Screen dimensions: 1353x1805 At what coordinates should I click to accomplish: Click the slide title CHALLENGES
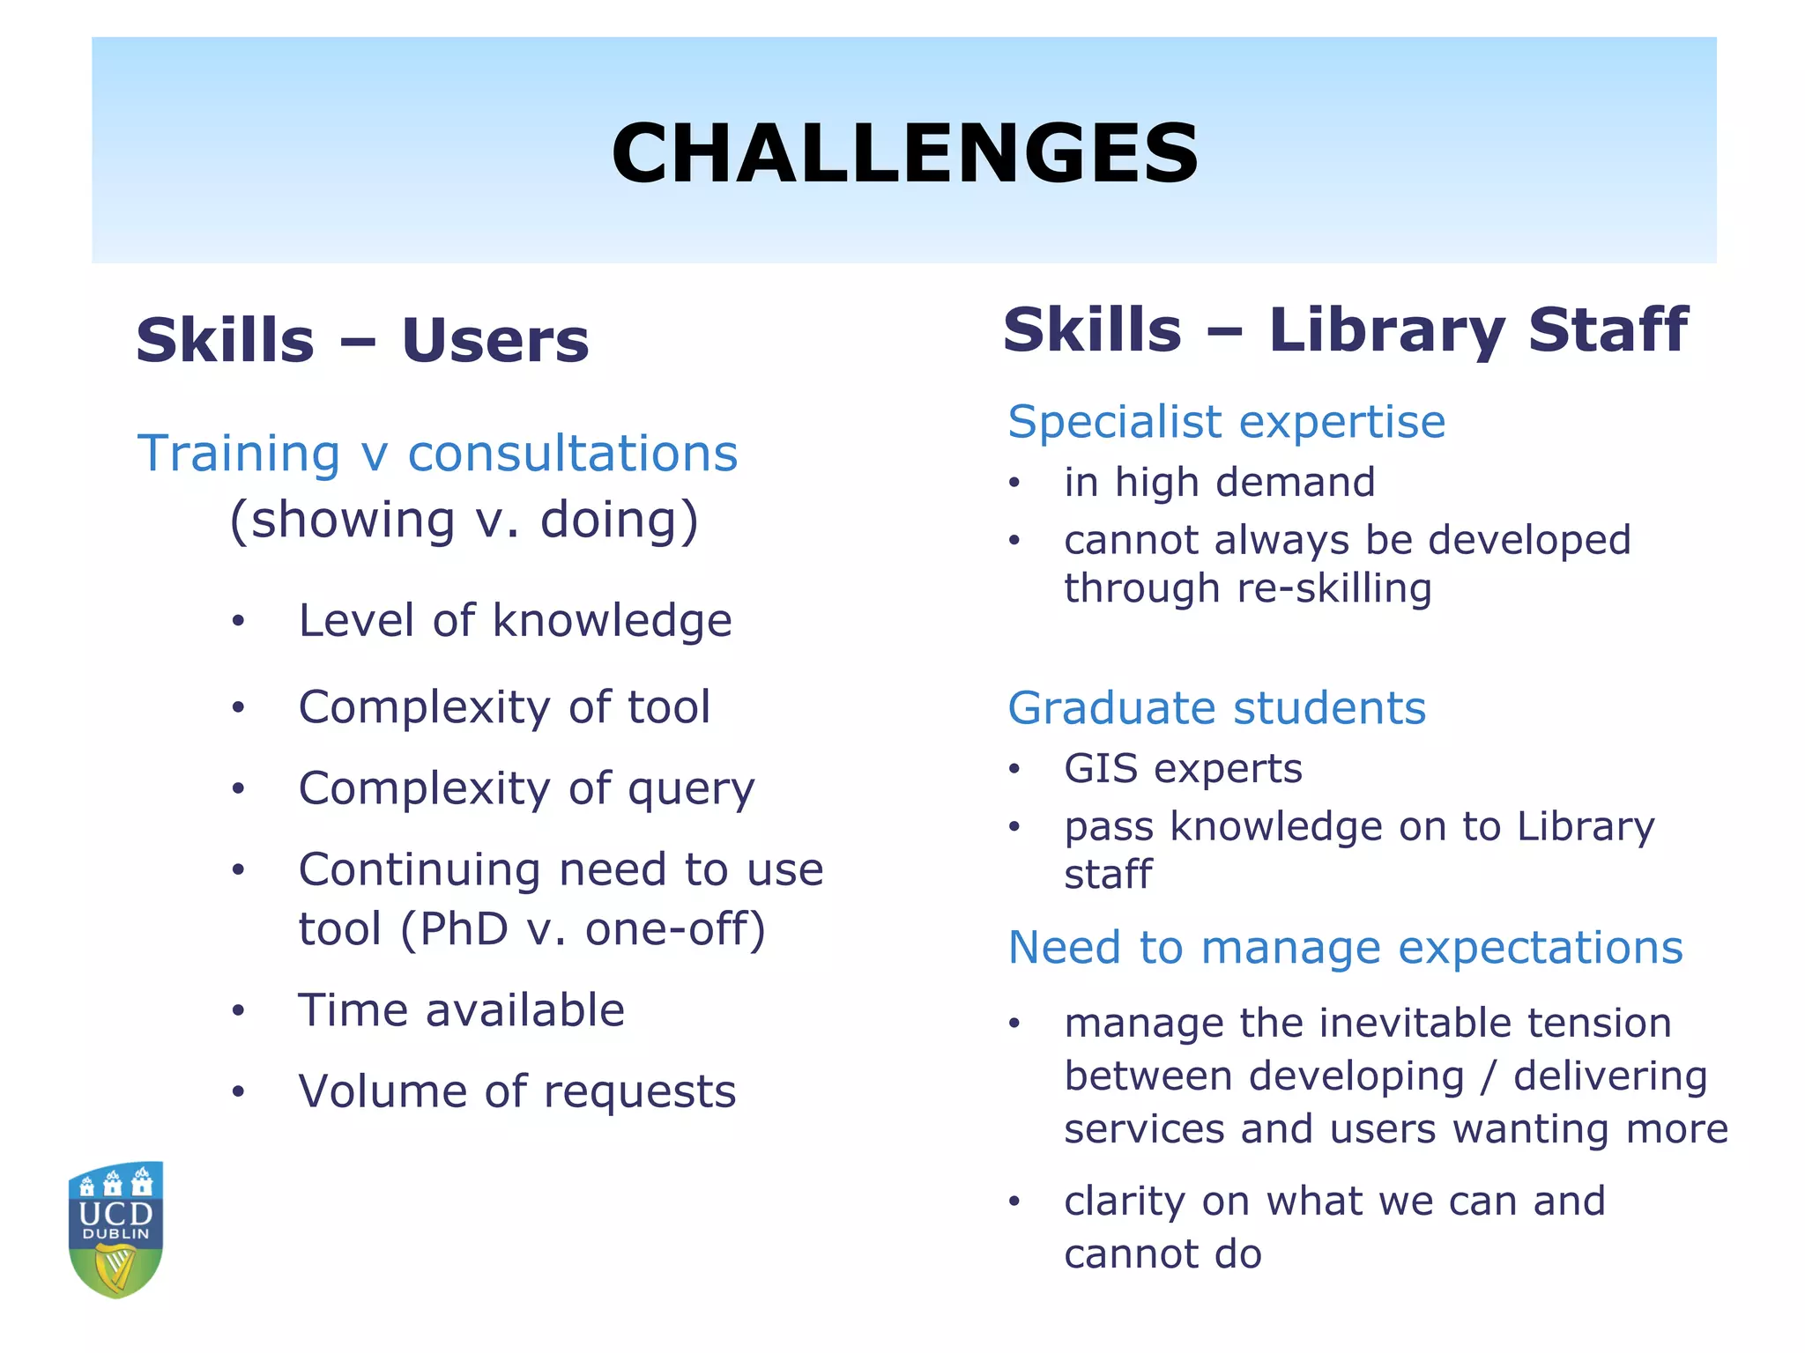(x=904, y=153)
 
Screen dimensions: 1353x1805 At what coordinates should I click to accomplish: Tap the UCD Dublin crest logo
(x=116, y=1229)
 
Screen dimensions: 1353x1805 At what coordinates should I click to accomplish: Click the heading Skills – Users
(x=362, y=341)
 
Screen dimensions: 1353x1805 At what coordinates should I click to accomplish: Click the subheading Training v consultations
(x=437, y=454)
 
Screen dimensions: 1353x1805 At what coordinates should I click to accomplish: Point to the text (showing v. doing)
(x=464, y=520)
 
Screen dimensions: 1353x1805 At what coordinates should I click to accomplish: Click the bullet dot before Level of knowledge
(x=238, y=622)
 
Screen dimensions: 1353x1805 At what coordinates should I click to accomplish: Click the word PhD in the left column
(x=464, y=929)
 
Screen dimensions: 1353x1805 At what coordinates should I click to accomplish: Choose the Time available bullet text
(x=461, y=1010)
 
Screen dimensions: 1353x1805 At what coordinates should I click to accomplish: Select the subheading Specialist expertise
(x=1226, y=422)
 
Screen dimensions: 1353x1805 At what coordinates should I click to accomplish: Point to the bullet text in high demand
(x=1219, y=483)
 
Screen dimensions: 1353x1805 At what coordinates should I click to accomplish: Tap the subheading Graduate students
(x=1216, y=708)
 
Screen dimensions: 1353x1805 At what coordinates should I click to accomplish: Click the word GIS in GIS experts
(x=1101, y=769)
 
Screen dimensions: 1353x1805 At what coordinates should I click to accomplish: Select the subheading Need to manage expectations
(x=1345, y=949)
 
